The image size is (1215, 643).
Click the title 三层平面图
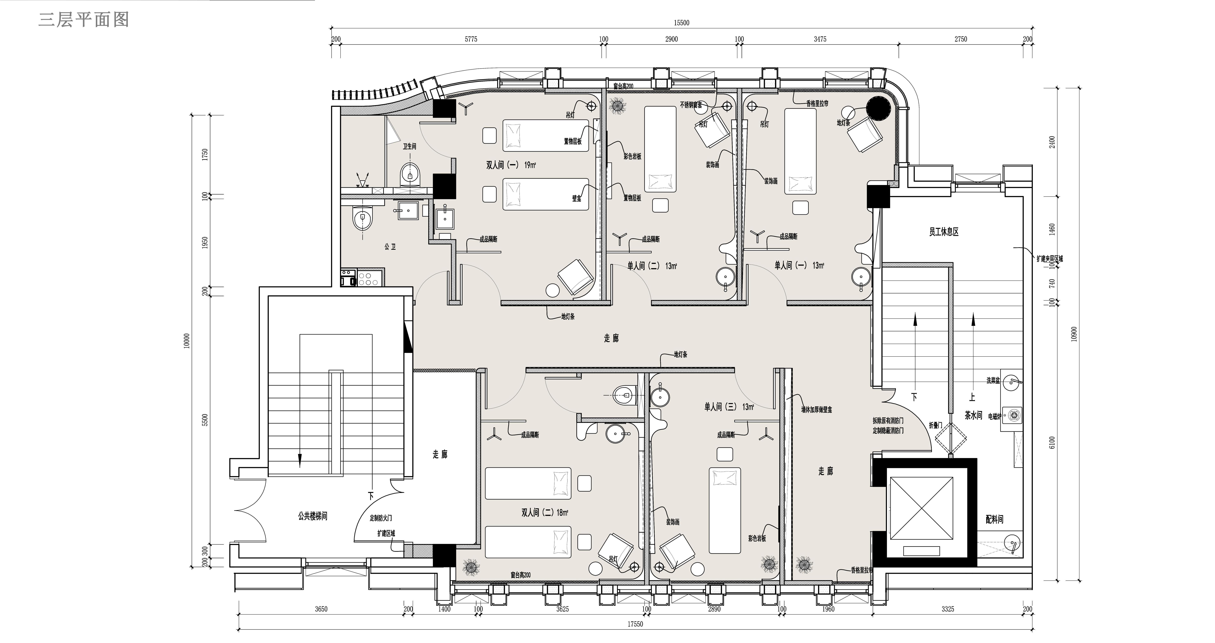84,20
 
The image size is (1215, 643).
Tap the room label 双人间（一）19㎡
511,165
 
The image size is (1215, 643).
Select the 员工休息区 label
944,232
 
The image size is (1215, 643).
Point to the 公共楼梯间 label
312,516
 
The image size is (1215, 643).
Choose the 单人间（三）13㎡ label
729,406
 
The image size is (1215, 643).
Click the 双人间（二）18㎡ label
545,512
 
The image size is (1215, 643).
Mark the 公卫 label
390,247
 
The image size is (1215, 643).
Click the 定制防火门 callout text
381,518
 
